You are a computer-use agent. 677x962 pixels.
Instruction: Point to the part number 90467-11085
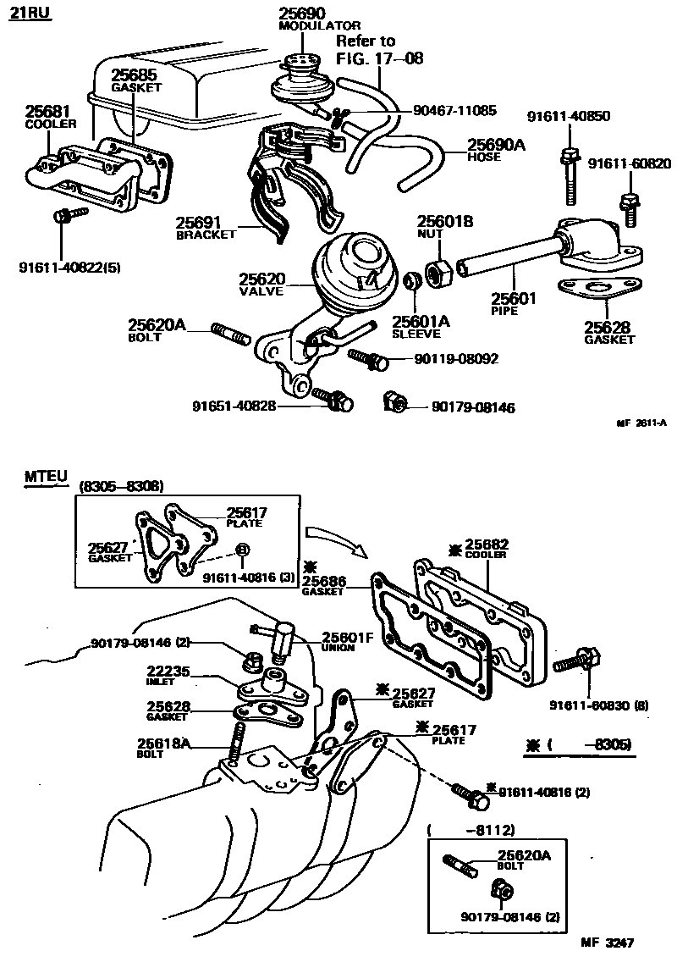(x=454, y=110)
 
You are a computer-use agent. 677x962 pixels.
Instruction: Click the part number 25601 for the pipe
(x=511, y=298)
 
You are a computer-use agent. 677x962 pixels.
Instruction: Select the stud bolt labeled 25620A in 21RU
(x=230, y=332)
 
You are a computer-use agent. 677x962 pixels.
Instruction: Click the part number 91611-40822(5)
(x=69, y=268)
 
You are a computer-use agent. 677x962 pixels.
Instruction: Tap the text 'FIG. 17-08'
(x=379, y=58)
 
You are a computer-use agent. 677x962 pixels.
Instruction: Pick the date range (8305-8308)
(x=121, y=486)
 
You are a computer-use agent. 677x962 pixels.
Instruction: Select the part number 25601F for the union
(x=348, y=638)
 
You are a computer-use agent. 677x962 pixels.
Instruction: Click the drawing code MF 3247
(x=607, y=942)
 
